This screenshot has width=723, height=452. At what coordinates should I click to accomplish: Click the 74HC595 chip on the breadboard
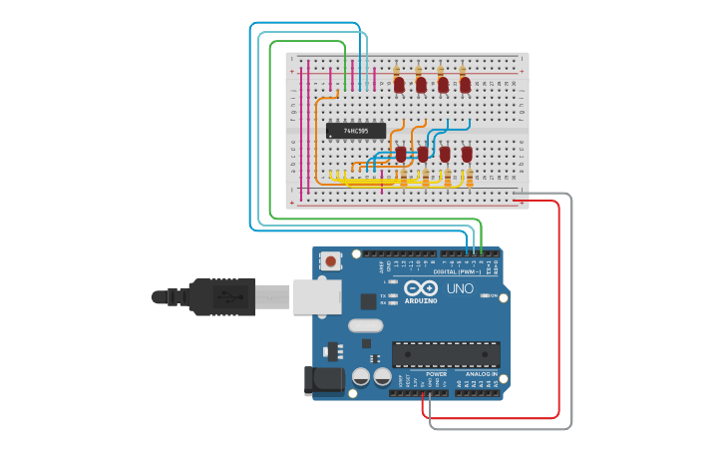[x=355, y=131]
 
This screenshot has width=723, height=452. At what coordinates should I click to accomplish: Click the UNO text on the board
[x=460, y=288]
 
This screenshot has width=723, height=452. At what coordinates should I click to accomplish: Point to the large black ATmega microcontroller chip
[x=446, y=354]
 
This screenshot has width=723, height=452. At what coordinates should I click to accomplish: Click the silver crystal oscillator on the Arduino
[x=366, y=324]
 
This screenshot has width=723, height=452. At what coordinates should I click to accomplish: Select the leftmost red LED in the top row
[x=399, y=85]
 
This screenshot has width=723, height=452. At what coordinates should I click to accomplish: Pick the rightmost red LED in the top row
[x=465, y=85]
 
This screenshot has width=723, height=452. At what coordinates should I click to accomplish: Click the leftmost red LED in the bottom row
[x=401, y=155]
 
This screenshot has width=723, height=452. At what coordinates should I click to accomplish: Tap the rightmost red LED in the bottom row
[x=467, y=155]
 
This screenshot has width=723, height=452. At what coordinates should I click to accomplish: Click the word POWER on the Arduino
[x=422, y=374]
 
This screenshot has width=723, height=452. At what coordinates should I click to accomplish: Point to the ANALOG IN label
[x=480, y=374]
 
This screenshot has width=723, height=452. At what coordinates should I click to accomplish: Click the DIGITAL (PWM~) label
[x=457, y=271]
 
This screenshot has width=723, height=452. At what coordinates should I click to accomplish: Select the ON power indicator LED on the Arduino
[x=485, y=295]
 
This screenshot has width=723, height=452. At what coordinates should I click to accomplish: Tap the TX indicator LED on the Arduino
[x=395, y=293]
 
